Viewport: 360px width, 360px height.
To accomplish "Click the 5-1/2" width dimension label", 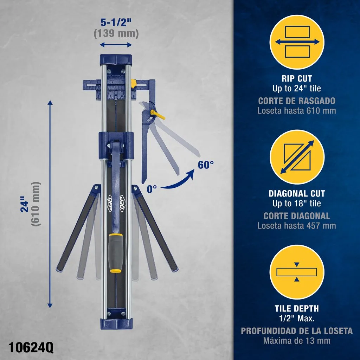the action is pos(116,22).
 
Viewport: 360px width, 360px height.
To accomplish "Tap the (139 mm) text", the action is pos(116,33).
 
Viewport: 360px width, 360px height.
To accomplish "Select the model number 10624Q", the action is pos(31,348).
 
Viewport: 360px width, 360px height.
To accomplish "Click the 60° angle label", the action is pos(206,165).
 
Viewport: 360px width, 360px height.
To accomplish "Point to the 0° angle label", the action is pos(152,189).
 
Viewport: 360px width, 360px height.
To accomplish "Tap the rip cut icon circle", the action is pos(297,42).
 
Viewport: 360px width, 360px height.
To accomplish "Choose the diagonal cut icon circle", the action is pos(297,157).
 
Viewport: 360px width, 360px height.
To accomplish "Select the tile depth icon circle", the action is pos(297,272).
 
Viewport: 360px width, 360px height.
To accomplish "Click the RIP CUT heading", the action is pos(297,78).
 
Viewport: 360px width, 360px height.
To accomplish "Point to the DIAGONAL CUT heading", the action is pos(297,194).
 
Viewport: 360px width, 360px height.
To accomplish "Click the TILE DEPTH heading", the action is pos(297,309).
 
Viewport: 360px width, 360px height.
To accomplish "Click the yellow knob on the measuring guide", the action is pos(133,83).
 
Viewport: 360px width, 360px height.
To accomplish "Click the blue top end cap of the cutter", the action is pos(116,60).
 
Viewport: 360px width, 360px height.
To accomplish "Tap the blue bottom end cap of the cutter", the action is pos(116,323).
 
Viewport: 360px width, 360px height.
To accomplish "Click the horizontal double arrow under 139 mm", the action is pos(116,45).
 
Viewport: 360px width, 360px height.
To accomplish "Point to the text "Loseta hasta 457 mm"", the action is pos(297,226).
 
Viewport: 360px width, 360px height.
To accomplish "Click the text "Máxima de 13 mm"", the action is pos(297,341).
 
